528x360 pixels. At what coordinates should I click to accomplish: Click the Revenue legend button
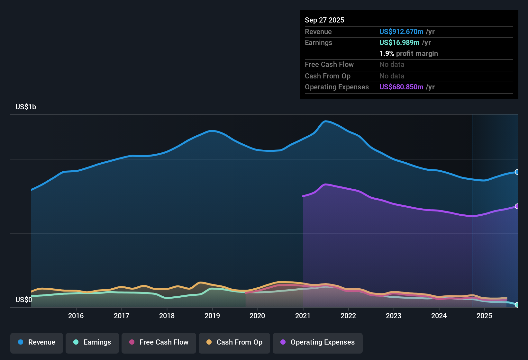pos(37,342)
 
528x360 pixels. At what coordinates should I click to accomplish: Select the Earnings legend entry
pos(92,342)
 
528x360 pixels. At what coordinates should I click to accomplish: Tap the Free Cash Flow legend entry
pos(159,342)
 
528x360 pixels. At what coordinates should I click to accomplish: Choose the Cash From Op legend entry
pos(234,342)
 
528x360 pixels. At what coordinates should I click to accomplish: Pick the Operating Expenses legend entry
pos(318,342)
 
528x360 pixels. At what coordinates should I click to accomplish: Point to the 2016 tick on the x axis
pos(76,316)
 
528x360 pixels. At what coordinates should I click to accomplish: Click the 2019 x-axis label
pos(212,316)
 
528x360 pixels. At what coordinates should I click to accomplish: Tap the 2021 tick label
pos(303,316)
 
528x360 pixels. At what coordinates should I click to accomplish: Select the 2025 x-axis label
pos(484,316)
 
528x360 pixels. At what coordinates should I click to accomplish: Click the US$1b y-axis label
pos(26,107)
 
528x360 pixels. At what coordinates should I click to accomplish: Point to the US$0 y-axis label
pos(24,300)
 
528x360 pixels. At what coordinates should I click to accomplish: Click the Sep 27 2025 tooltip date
pos(324,20)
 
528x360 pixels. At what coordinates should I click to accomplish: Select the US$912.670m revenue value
pos(401,32)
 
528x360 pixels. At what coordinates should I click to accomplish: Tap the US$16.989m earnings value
pos(399,43)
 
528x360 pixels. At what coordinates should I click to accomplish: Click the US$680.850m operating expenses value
pos(401,87)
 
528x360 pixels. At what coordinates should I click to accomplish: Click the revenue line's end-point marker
pos(517,172)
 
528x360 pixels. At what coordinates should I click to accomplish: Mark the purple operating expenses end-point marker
pos(517,206)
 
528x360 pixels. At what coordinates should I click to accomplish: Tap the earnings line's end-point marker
pos(517,305)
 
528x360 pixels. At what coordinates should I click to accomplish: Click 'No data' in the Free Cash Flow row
pos(392,65)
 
